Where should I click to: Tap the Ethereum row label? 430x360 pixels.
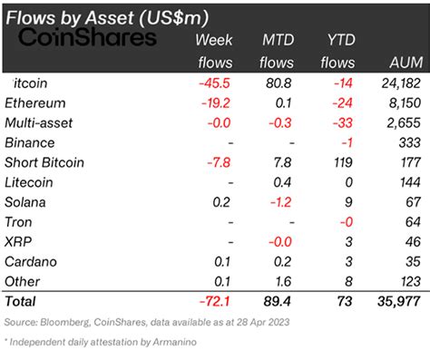coord(36,102)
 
